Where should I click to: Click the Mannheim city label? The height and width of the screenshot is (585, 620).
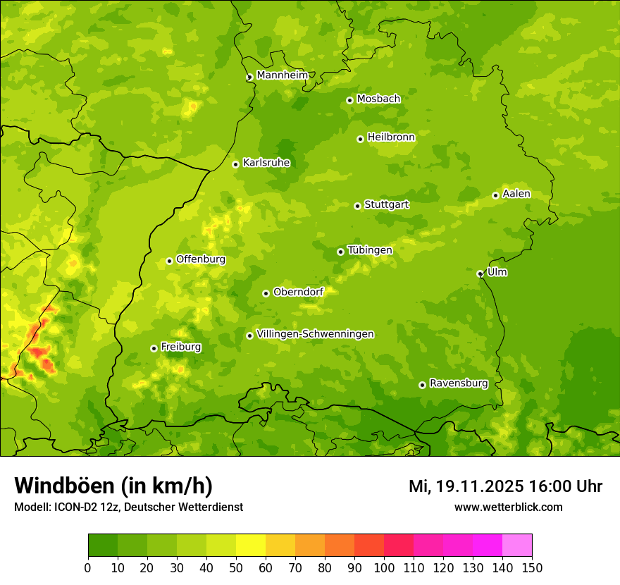click(282, 75)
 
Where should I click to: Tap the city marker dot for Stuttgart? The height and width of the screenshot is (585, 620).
click(358, 206)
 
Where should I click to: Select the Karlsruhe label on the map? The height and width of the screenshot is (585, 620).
click(266, 163)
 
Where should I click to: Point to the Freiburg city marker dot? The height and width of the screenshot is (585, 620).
click(154, 348)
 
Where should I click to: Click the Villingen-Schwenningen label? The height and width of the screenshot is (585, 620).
click(315, 334)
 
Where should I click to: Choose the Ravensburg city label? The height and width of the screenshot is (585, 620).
click(458, 383)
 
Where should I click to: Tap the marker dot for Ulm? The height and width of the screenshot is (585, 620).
click(480, 273)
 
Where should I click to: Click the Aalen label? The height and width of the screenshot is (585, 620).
click(516, 194)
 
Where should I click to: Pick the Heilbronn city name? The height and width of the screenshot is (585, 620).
click(391, 137)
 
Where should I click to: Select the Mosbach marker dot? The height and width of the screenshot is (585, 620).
click(349, 100)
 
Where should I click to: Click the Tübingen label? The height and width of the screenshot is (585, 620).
click(369, 250)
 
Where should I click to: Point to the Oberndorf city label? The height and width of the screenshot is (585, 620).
click(298, 292)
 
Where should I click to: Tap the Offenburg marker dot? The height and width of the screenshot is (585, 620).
click(169, 261)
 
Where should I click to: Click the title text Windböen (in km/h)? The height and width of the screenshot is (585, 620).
click(113, 486)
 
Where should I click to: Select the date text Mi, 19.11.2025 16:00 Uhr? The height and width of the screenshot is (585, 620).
click(505, 486)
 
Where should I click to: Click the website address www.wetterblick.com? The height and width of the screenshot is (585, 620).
click(508, 507)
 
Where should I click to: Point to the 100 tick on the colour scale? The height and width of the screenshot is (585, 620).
click(384, 567)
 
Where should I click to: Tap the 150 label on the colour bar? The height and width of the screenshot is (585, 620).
click(532, 567)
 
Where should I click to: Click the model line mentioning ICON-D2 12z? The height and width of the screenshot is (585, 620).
click(128, 507)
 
